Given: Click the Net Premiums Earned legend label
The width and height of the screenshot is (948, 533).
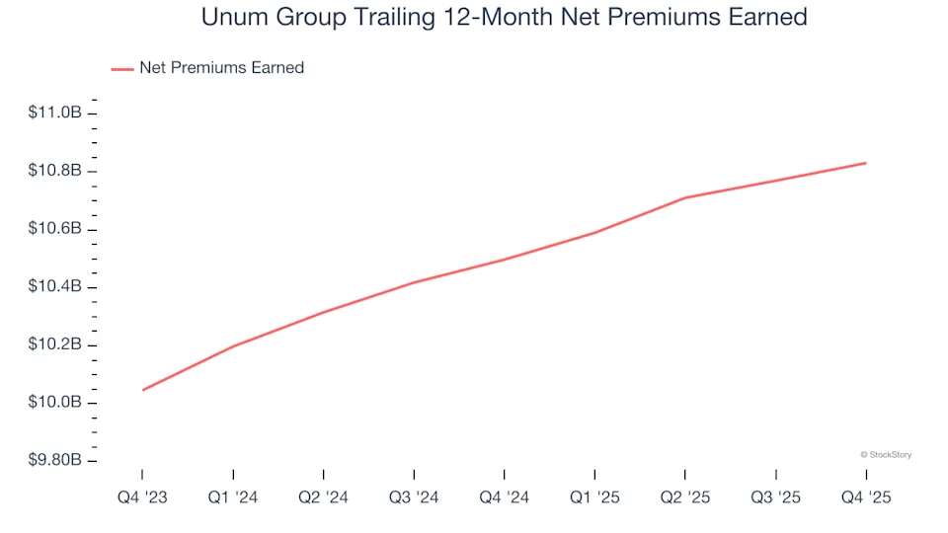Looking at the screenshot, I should [x=221, y=68].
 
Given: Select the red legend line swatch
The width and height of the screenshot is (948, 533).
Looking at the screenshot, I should [x=121, y=68].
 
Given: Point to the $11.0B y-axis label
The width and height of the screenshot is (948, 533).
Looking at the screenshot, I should [x=55, y=114].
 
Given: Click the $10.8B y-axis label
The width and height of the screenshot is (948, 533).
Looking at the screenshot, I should [x=55, y=172].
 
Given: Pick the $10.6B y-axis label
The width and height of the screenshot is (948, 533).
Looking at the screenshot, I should [x=55, y=230].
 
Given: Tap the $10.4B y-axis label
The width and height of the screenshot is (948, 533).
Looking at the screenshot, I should [x=55, y=287].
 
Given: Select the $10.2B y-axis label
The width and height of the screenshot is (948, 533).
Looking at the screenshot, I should [x=55, y=345].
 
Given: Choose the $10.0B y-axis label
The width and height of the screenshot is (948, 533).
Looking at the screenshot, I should [x=55, y=403].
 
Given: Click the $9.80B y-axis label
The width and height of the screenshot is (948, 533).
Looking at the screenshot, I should [x=55, y=461].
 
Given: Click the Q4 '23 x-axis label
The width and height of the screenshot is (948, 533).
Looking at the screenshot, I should [x=142, y=498].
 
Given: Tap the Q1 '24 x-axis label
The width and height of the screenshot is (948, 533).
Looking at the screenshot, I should [x=233, y=498].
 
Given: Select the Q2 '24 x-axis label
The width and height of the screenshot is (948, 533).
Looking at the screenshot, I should [x=324, y=498].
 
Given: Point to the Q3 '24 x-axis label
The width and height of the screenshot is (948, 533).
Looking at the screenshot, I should [x=414, y=498].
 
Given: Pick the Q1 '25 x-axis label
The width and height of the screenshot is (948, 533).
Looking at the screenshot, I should [x=594, y=498].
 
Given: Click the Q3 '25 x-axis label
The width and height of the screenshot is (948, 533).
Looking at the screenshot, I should [x=776, y=498].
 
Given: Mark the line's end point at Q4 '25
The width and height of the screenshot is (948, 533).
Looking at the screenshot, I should [x=866, y=163].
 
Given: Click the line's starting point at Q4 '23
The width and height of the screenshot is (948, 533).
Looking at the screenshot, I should [x=143, y=390].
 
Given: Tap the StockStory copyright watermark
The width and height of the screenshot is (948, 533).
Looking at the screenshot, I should [x=886, y=455].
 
